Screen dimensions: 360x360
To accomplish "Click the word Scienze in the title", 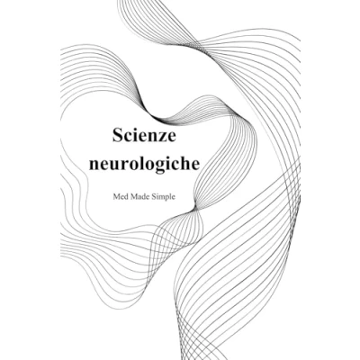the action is [144, 135].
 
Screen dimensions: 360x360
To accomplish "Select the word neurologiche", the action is [144, 164].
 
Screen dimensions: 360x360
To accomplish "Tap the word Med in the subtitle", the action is [119, 197].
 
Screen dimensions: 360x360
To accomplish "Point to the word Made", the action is [136, 197].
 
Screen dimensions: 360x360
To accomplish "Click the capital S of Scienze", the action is [118, 135].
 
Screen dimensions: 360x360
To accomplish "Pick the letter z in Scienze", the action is [162, 138].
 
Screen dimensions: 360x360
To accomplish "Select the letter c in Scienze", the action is [128, 138].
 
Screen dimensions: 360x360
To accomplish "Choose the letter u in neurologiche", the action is [113, 166].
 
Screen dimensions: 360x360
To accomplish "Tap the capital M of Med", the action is [116, 197].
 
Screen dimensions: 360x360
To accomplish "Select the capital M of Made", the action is [130, 197].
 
